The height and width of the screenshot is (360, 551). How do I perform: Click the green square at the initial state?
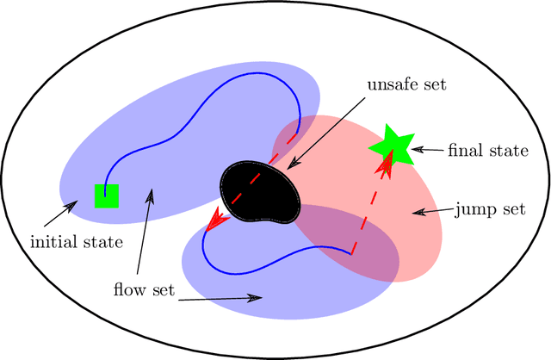tap(106, 196)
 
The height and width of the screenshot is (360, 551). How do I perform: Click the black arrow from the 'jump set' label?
tap(430, 209)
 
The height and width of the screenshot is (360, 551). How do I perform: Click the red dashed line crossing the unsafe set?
tap(258, 183)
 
